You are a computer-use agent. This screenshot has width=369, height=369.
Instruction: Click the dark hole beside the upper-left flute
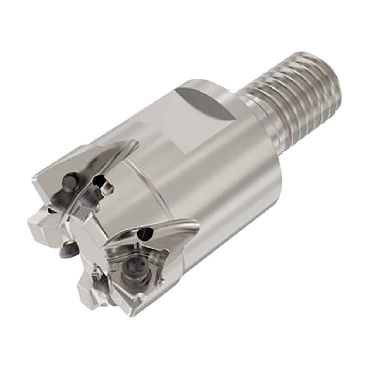(99, 181)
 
